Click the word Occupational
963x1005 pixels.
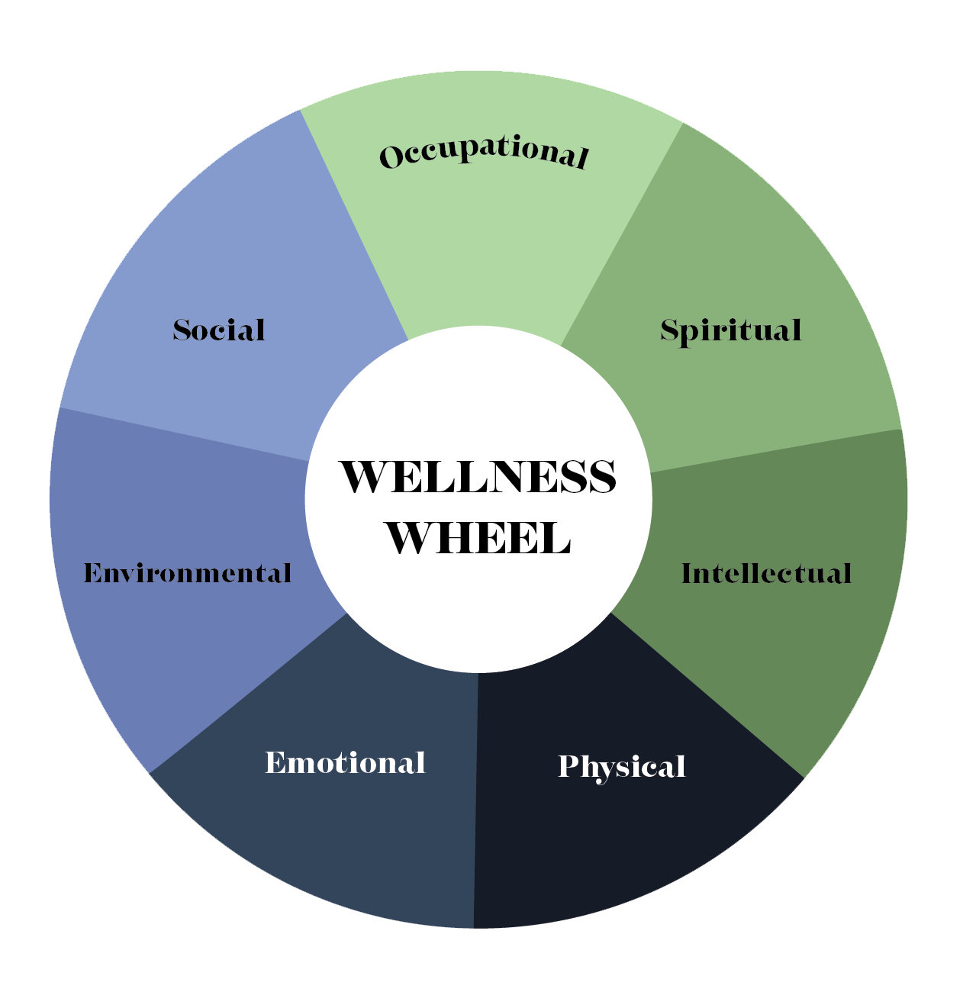[484, 153]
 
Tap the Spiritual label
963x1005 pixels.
[730, 330]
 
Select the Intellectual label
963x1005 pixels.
[765, 573]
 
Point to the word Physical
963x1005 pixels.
[621, 767]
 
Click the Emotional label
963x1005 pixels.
[345, 762]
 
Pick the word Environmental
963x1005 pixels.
[187, 572]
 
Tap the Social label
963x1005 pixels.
[219, 330]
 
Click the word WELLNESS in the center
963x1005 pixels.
[478, 478]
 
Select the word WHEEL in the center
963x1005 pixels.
[478, 538]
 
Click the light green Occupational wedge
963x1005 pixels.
[488, 244]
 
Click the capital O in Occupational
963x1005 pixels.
[391, 157]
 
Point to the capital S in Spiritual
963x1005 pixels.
[670, 330]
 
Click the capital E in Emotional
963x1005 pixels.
[275, 762]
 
